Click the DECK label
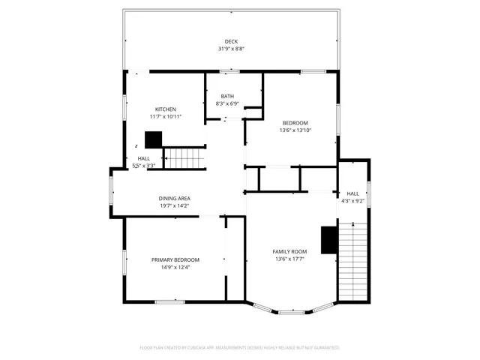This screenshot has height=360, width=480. (x=231, y=41)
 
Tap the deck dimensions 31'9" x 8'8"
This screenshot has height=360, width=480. (x=231, y=49)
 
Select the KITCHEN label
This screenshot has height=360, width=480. (x=165, y=109)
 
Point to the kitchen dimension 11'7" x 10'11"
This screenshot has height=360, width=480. (x=165, y=117)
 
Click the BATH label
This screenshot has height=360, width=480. (x=227, y=96)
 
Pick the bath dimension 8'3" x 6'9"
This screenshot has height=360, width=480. (x=227, y=103)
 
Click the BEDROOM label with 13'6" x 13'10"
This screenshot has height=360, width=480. (x=295, y=122)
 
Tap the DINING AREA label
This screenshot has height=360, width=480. (x=174, y=198)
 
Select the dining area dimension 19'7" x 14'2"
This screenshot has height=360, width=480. (x=174, y=205)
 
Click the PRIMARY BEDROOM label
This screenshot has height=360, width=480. (x=175, y=259)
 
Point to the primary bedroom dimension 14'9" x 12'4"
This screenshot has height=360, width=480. (x=175, y=267)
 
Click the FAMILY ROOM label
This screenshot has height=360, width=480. (x=289, y=251)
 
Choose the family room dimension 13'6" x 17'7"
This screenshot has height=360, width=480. (x=289, y=259)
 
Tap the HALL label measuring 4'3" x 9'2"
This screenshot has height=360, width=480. (x=352, y=193)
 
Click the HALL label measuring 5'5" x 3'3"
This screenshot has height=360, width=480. (x=144, y=158)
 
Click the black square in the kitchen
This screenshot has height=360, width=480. (x=154, y=139)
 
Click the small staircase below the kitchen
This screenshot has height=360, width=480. (x=184, y=158)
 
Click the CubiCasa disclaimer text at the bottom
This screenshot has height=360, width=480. (x=240, y=348)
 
